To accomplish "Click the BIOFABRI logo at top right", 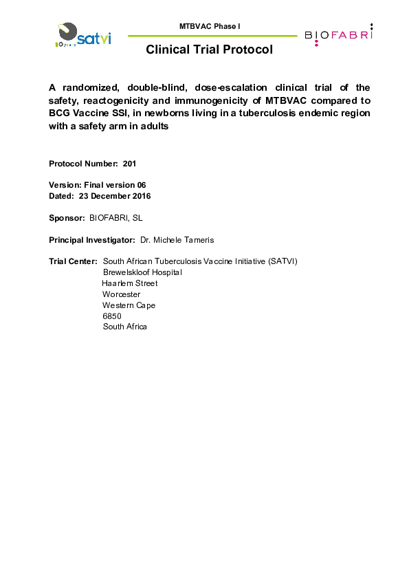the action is pos(339,34).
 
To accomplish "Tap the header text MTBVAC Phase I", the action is pos(210,26).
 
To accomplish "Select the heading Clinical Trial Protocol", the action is pos(209,50).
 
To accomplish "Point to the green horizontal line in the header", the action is pos(213,36).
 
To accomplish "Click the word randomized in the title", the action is pos(89,88).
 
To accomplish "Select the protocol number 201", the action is pos(130,164).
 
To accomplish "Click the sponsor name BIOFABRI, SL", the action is pos(116,218).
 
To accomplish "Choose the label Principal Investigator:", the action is pos(91,239).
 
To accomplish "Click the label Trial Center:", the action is pos(72,261).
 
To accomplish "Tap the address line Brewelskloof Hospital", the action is pos(142,272).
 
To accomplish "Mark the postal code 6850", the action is pos(112,316).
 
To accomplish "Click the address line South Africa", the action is pos(124,327).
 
